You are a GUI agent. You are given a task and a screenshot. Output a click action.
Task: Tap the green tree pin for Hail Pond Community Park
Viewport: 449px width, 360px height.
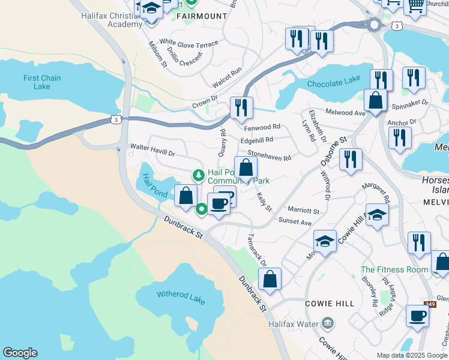[198, 175]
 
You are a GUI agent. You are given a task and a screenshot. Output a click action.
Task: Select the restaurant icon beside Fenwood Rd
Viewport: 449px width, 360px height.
[241, 108]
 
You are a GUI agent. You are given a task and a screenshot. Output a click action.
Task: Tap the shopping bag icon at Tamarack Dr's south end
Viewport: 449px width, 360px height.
[270, 278]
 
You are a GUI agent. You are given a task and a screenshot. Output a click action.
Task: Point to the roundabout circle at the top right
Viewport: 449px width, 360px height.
[375, 25]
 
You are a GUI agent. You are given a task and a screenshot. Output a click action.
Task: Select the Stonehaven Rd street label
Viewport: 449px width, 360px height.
[269, 155]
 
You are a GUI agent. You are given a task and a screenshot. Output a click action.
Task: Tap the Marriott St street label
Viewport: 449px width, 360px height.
[303, 211]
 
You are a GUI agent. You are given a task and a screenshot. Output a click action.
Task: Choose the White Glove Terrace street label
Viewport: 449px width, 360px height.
[188, 44]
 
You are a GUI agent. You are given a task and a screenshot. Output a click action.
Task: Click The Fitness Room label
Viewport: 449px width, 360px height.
[394, 269]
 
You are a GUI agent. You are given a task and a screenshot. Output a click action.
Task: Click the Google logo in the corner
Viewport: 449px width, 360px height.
[20, 353]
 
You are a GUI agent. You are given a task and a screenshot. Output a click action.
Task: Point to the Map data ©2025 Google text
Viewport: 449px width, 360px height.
[411, 355]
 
